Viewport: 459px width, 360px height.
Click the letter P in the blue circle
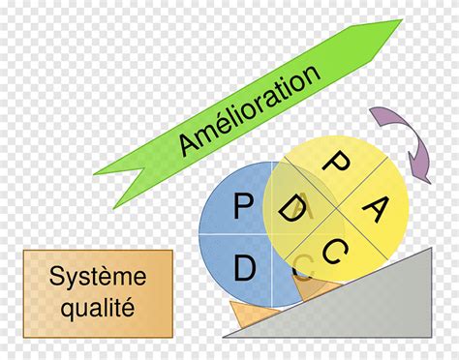tap(242, 205)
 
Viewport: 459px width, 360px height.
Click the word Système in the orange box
tap(98, 277)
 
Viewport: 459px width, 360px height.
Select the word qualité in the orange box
tap(98, 309)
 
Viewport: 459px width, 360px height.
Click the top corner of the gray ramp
tap(430, 250)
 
